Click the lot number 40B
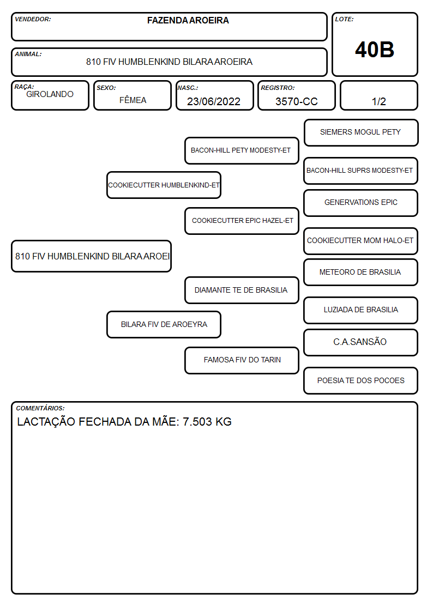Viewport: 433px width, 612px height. pyautogui.click(x=375, y=50)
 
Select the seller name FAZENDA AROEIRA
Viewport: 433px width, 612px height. pyautogui.click(x=188, y=20)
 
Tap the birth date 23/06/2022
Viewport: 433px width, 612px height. pyautogui.click(x=214, y=101)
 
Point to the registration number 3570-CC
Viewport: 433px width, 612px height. pyautogui.click(x=296, y=101)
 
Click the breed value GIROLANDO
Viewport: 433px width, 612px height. pyautogui.click(x=50, y=94)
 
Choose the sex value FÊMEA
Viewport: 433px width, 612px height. pyautogui.click(x=133, y=100)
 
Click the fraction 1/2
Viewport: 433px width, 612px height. pyautogui.click(x=378, y=101)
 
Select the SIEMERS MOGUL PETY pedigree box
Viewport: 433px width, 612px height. pyautogui.click(x=361, y=133)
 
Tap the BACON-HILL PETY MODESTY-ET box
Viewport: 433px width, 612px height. pyautogui.click(x=242, y=150)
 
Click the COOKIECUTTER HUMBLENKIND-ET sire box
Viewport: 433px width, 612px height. pyautogui.click(x=164, y=185)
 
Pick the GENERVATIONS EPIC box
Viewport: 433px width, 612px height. pyautogui.click(x=361, y=203)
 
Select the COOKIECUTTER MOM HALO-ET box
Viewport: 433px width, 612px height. pyautogui.click(x=361, y=241)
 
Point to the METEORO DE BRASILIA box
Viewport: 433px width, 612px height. pyautogui.click(x=361, y=272)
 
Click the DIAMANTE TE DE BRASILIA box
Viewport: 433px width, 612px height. pyautogui.click(x=242, y=290)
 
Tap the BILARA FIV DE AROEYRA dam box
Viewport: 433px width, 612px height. pyautogui.click(x=164, y=324)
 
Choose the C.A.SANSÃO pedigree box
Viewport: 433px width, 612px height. pyautogui.click(x=361, y=342)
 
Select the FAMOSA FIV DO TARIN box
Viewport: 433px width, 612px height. pyautogui.click(x=242, y=360)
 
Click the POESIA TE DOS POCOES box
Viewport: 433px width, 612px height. pyautogui.click(x=361, y=380)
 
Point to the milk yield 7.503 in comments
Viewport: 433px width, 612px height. pyautogui.click(x=197, y=422)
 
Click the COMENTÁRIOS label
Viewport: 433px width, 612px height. pyautogui.click(x=40, y=408)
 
